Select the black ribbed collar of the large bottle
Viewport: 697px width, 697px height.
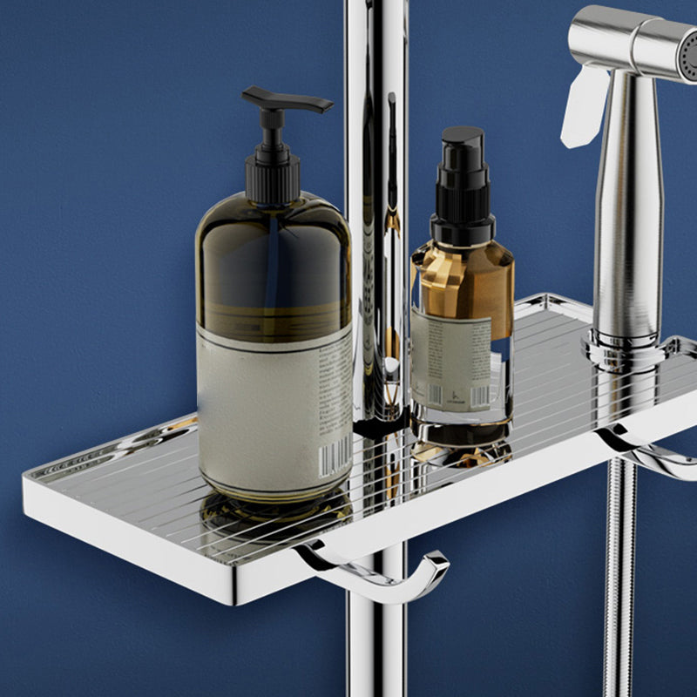(273, 174)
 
